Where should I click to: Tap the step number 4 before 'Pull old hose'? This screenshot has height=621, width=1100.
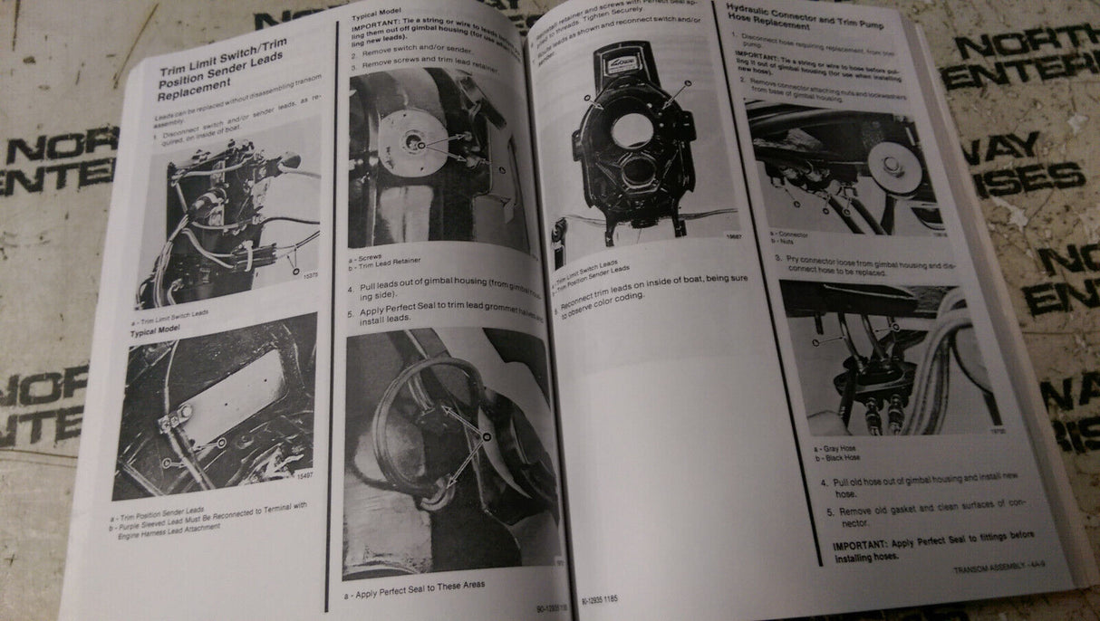tap(824, 482)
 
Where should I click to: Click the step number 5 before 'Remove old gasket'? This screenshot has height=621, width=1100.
tap(828, 511)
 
